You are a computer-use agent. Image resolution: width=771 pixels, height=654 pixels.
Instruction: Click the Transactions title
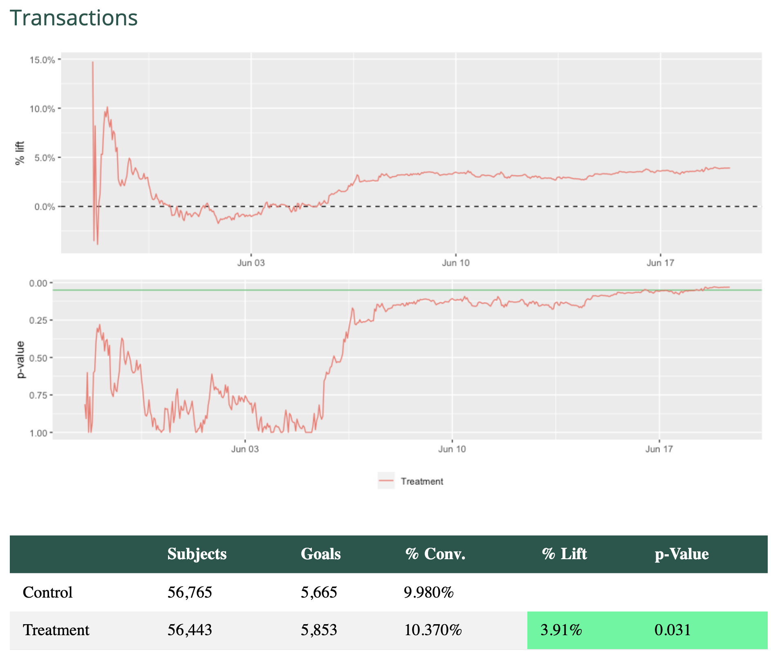click(74, 18)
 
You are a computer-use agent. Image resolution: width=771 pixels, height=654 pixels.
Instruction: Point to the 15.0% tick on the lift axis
click(42, 60)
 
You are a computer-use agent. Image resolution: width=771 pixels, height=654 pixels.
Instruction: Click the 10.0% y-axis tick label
click(42, 109)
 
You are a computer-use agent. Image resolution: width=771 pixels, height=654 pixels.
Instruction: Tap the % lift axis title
click(20, 153)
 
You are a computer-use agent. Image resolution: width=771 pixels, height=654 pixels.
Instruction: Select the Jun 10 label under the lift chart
click(455, 263)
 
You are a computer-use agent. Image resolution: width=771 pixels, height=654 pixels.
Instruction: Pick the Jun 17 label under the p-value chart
click(659, 450)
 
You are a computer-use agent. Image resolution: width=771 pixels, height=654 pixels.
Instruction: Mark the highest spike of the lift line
click(93, 63)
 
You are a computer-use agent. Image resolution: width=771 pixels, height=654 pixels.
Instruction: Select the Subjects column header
click(197, 554)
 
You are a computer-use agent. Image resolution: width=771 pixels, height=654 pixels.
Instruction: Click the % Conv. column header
click(435, 554)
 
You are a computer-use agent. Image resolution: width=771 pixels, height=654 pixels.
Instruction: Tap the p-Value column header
click(681, 554)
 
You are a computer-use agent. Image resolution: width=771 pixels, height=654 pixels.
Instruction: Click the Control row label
click(47, 592)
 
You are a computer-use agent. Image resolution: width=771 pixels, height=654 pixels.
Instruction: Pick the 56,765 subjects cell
click(190, 592)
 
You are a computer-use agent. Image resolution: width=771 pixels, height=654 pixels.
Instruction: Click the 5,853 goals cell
click(319, 630)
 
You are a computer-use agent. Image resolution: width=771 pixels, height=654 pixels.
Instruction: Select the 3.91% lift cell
click(561, 630)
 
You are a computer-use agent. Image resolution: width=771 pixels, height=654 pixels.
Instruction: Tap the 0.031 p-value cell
click(672, 630)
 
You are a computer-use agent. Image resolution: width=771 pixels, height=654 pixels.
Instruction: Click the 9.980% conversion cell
click(428, 592)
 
